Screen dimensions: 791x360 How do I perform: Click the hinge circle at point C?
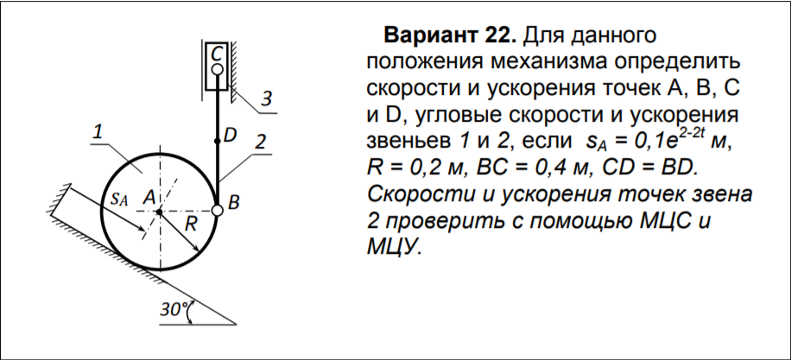pos(217,69)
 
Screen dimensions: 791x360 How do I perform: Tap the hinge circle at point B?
pos(217,212)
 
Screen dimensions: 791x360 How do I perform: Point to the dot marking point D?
pos(217,142)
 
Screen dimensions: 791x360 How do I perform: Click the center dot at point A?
pos(160,212)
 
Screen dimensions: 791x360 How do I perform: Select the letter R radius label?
pos(190,224)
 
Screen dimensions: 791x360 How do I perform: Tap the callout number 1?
pos(98,132)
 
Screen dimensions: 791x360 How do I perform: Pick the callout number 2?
pos(260,142)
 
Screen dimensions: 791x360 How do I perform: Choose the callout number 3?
pos(266,98)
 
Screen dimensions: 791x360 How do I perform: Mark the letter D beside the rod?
pos(230,135)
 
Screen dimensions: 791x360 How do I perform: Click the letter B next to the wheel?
pos(233,203)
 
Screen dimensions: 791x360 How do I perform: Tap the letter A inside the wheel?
pos(148,199)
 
